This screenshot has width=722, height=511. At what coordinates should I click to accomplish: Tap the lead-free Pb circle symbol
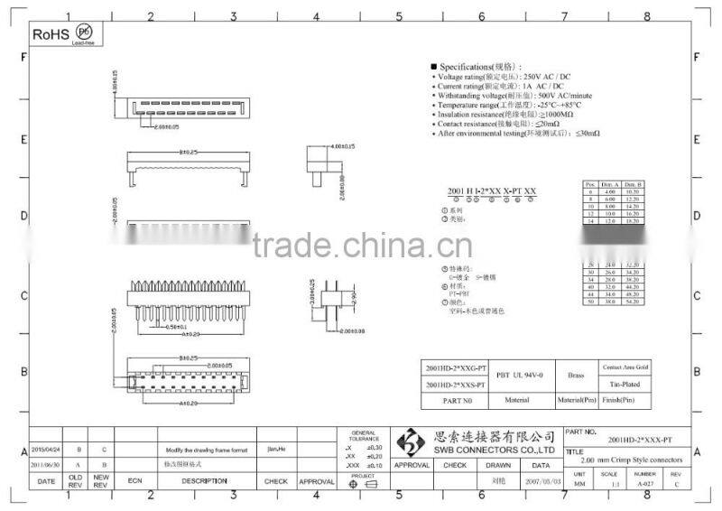[x=84, y=33]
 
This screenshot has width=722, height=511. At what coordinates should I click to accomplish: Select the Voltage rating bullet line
[x=506, y=77]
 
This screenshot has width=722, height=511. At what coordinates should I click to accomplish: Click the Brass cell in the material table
[x=576, y=374]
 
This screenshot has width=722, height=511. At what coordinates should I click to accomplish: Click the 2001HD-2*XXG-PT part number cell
[x=457, y=368]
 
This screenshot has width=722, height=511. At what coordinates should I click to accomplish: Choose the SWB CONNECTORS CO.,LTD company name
[x=494, y=449]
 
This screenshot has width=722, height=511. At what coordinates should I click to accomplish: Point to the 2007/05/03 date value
[x=541, y=482]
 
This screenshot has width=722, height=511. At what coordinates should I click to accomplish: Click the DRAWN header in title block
[x=498, y=465]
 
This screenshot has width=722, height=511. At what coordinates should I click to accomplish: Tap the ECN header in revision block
[x=135, y=481]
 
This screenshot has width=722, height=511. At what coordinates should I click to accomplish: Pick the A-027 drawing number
[x=643, y=483]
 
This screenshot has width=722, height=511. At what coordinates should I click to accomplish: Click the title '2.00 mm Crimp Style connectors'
[x=636, y=460]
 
